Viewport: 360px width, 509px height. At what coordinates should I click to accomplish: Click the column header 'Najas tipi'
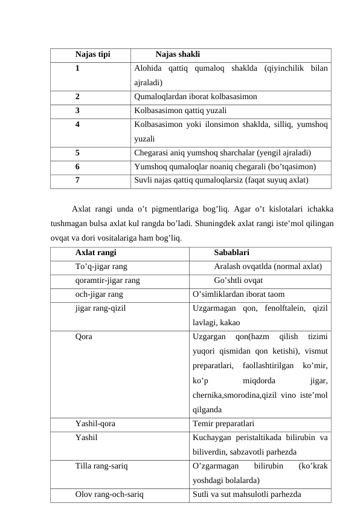tap(92, 54)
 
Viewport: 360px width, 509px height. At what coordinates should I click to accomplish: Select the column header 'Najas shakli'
tap(178, 54)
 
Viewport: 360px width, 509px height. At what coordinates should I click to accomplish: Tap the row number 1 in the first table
tap(78, 68)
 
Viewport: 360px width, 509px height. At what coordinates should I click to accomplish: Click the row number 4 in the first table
tap(78, 125)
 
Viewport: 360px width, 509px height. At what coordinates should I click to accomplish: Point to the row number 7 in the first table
tap(78, 180)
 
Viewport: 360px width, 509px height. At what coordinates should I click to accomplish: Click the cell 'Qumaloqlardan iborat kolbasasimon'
tap(196, 96)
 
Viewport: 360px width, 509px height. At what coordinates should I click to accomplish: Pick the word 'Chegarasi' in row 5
tap(152, 152)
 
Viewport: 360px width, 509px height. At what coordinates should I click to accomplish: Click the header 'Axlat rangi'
tap(96, 253)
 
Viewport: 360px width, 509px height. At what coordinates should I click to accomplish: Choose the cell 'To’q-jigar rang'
tap(101, 267)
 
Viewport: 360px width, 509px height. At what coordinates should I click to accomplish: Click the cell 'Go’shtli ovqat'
tap(238, 280)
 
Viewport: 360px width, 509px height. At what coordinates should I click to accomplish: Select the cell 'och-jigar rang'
tap(99, 294)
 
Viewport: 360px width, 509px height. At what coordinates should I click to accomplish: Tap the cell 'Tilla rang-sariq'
tap(101, 466)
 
